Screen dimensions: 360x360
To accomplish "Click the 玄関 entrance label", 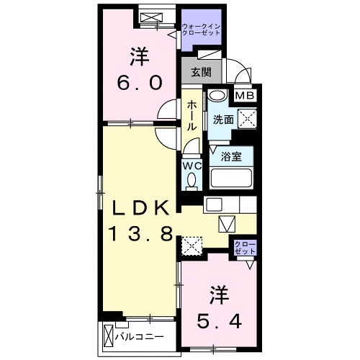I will [x=201, y=71].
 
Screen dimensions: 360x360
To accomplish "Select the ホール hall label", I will [x=192, y=115].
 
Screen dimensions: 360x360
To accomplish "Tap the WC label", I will [x=191, y=166].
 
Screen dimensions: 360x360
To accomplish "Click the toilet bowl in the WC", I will [x=191, y=182].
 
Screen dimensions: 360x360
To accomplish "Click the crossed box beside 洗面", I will [x=247, y=120].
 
